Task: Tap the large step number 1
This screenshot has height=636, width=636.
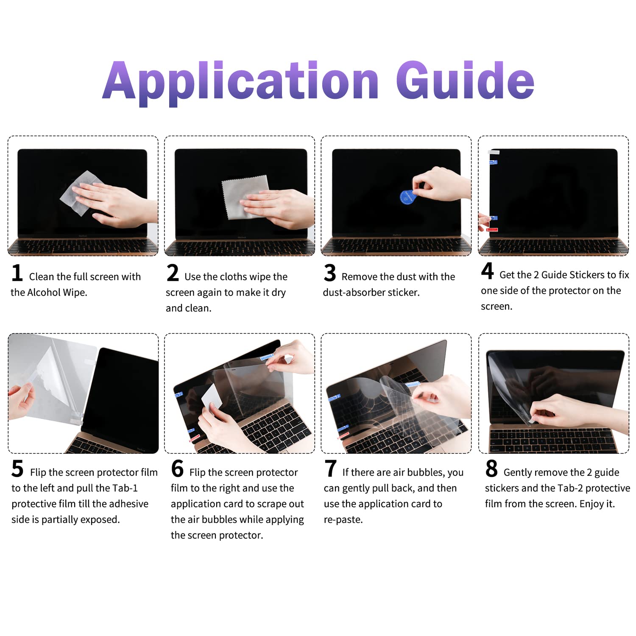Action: click(x=17, y=273)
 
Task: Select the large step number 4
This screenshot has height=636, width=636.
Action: click(x=487, y=271)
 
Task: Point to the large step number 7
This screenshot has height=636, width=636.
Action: click(x=331, y=469)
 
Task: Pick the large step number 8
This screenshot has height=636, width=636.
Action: click(x=491, y=469)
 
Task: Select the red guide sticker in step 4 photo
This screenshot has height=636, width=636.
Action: click(x=492, y=229)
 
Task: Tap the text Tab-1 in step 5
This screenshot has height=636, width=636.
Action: click(x=125, y=488)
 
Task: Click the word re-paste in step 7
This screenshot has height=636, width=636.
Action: click(x=342, y=520)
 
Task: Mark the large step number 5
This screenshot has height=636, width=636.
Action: click(x=17, y=469)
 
